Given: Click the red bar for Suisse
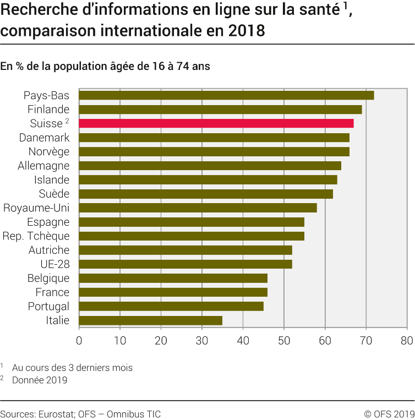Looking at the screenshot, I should click(x=216, y=123).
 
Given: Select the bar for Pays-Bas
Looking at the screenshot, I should click(x=226, y=95).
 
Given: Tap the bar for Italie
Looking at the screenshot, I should click(x=151, y=320).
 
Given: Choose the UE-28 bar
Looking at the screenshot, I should click(x=185, y=264).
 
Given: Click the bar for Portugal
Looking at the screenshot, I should click(x=171, y=306).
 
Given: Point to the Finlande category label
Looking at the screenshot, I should click(x=48, y=109).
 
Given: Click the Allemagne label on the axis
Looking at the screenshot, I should click(x=44, y=166).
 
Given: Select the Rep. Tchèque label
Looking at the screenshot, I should click(x=36, y=236).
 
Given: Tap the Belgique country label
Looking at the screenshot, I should click(x=48, y=279).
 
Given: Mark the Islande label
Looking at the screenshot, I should click(x=52, y=179).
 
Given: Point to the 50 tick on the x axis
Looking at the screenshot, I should click(x=283, y=341).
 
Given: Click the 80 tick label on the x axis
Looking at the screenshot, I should click(x=406, y=341).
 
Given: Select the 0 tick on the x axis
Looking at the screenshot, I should click(x=79, y=341).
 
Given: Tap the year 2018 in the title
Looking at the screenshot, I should click(x=243, y=31).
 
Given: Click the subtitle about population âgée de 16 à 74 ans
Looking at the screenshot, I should click(x=105, y=66).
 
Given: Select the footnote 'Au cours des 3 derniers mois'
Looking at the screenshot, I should click(x=72, y=367).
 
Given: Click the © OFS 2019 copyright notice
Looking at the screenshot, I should click(x=389, y=414).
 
